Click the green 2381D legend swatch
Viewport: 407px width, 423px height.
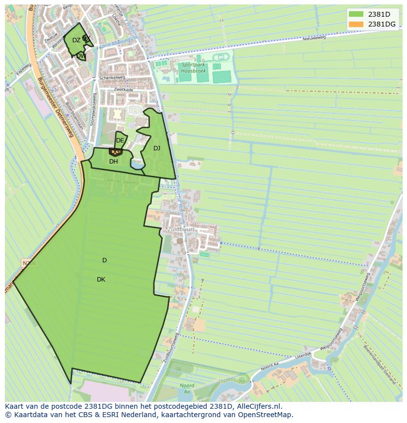click(356, 14)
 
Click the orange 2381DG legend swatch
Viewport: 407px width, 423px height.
click(356, 24)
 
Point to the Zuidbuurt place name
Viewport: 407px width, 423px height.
click(180, 229)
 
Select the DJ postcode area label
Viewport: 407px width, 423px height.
click(157, 148)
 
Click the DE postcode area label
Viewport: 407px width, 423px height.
click(120, 141)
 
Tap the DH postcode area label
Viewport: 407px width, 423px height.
click(114, 162)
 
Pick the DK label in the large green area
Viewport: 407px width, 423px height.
click(101, 280)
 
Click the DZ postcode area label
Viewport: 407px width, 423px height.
click(76, 40)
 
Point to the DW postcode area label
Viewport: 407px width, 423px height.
click(81, 56)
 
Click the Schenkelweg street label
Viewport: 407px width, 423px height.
click(112, 78)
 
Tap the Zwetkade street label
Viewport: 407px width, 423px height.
click(123, 90)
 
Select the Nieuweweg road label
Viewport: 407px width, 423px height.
click(314, 38)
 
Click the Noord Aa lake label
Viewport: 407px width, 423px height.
click(187, 389)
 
